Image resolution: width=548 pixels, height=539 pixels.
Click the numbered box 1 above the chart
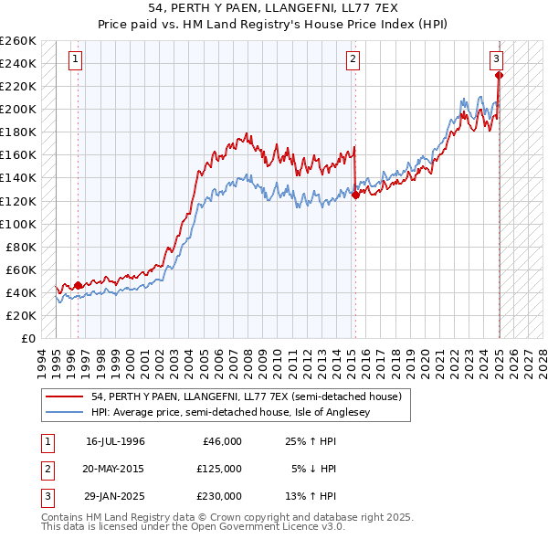(x=75, y=59)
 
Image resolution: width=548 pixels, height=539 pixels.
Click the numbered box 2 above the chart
(x=353, y=59)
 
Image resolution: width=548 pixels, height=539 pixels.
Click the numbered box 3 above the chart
(x=496, y=59)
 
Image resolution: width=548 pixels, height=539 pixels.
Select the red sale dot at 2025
(x=499, y=75)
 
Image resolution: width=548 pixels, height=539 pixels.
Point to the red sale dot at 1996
(x=78, y=285)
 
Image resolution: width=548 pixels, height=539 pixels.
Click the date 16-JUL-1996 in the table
(x=115, y=441)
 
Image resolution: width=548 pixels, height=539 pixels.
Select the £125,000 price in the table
(x=218, y=469)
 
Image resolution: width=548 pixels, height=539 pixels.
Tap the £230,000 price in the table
(x=218, y=496)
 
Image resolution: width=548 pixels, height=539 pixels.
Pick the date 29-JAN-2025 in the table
(x=115, y=496)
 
